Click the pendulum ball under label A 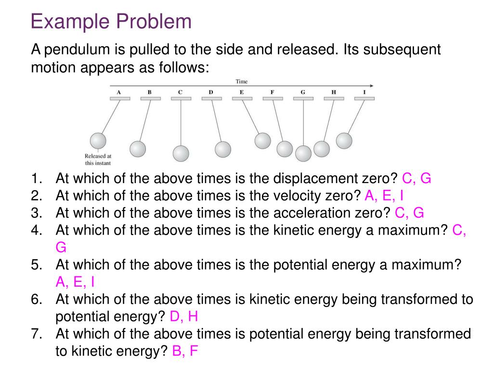tap(98, 141)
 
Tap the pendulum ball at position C tap(181, 153)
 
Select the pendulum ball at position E tap(262, 140)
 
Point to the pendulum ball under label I tap(344, 140)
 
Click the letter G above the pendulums tap(303, 92)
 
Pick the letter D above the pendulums tap(211, 92)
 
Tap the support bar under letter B tap(150, 99)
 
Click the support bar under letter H tap(334, 99)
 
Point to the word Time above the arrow tap(241, 82)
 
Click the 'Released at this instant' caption tap(98, 159)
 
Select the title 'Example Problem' tap(111, 22)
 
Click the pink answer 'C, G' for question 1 tap(416, 179)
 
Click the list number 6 tap(37, 300)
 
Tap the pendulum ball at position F tap(285, 149)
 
